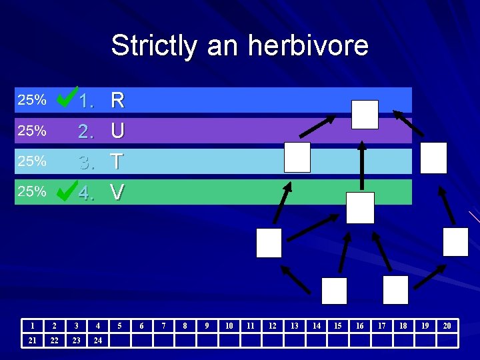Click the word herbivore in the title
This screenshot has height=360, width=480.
pyautogui.click(x=308, y=46)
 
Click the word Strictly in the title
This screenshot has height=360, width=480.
pyautogui.click(x=155, y=46)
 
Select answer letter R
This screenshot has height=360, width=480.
pyautogui.click(x=117, y=101)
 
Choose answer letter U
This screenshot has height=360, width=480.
pyautogui.click(x=117, y=131)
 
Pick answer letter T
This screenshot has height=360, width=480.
pyautogui.click(x=117, y=161)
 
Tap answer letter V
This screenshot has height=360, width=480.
pyautogui.click(x=117, y=193)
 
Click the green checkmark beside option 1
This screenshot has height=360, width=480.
pyautogui.click(x=66, y=99)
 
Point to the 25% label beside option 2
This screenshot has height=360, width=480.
pyautogui.click(x=31, y=131)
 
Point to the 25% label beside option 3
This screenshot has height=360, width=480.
pyautogui.click(x=31, y=161)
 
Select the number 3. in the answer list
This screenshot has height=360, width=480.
pyautogui.click(x=86, y=161)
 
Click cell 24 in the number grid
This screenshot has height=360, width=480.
pyautogui.click(x=98, y=341)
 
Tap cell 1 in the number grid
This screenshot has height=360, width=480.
pyautogui.click(x=32, y=326)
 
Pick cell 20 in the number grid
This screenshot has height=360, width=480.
pyautogui.click(x=447, y=326)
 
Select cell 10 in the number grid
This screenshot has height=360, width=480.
pyautogui.click(x=229, y=326)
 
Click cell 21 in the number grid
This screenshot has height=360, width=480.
pyautogui.click(x=32, y=341)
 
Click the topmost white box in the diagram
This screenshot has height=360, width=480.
pyautogui.click(x=365, y=115)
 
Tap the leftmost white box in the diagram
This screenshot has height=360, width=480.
pyautogui.click(x=269, y=243)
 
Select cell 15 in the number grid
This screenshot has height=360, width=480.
pyautogui.click(x=338, y=326)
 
